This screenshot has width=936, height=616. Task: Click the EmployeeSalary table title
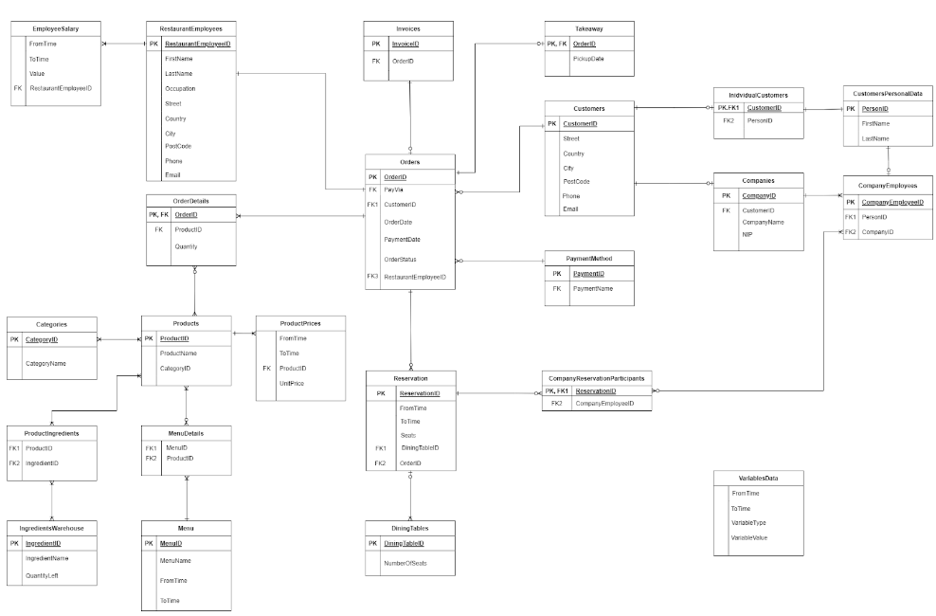[x=54, y=29]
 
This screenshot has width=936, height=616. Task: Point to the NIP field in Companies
[x=747, y=233]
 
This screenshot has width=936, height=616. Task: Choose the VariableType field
[x=749, y=523]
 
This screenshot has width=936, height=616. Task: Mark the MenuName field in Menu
[x=176, y=561]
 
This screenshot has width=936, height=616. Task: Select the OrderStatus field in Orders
[x=402, y=259]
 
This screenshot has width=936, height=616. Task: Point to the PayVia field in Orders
[x=393, y=190]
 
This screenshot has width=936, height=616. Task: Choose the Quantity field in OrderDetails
[x=186, y=246]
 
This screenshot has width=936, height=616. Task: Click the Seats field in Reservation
[x=408, y=434]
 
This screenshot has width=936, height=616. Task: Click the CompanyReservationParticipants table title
[x=596, y=377]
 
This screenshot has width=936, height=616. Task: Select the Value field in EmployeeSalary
[x=37, y=73]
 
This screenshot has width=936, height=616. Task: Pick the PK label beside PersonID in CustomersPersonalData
[x=850, y=109]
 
